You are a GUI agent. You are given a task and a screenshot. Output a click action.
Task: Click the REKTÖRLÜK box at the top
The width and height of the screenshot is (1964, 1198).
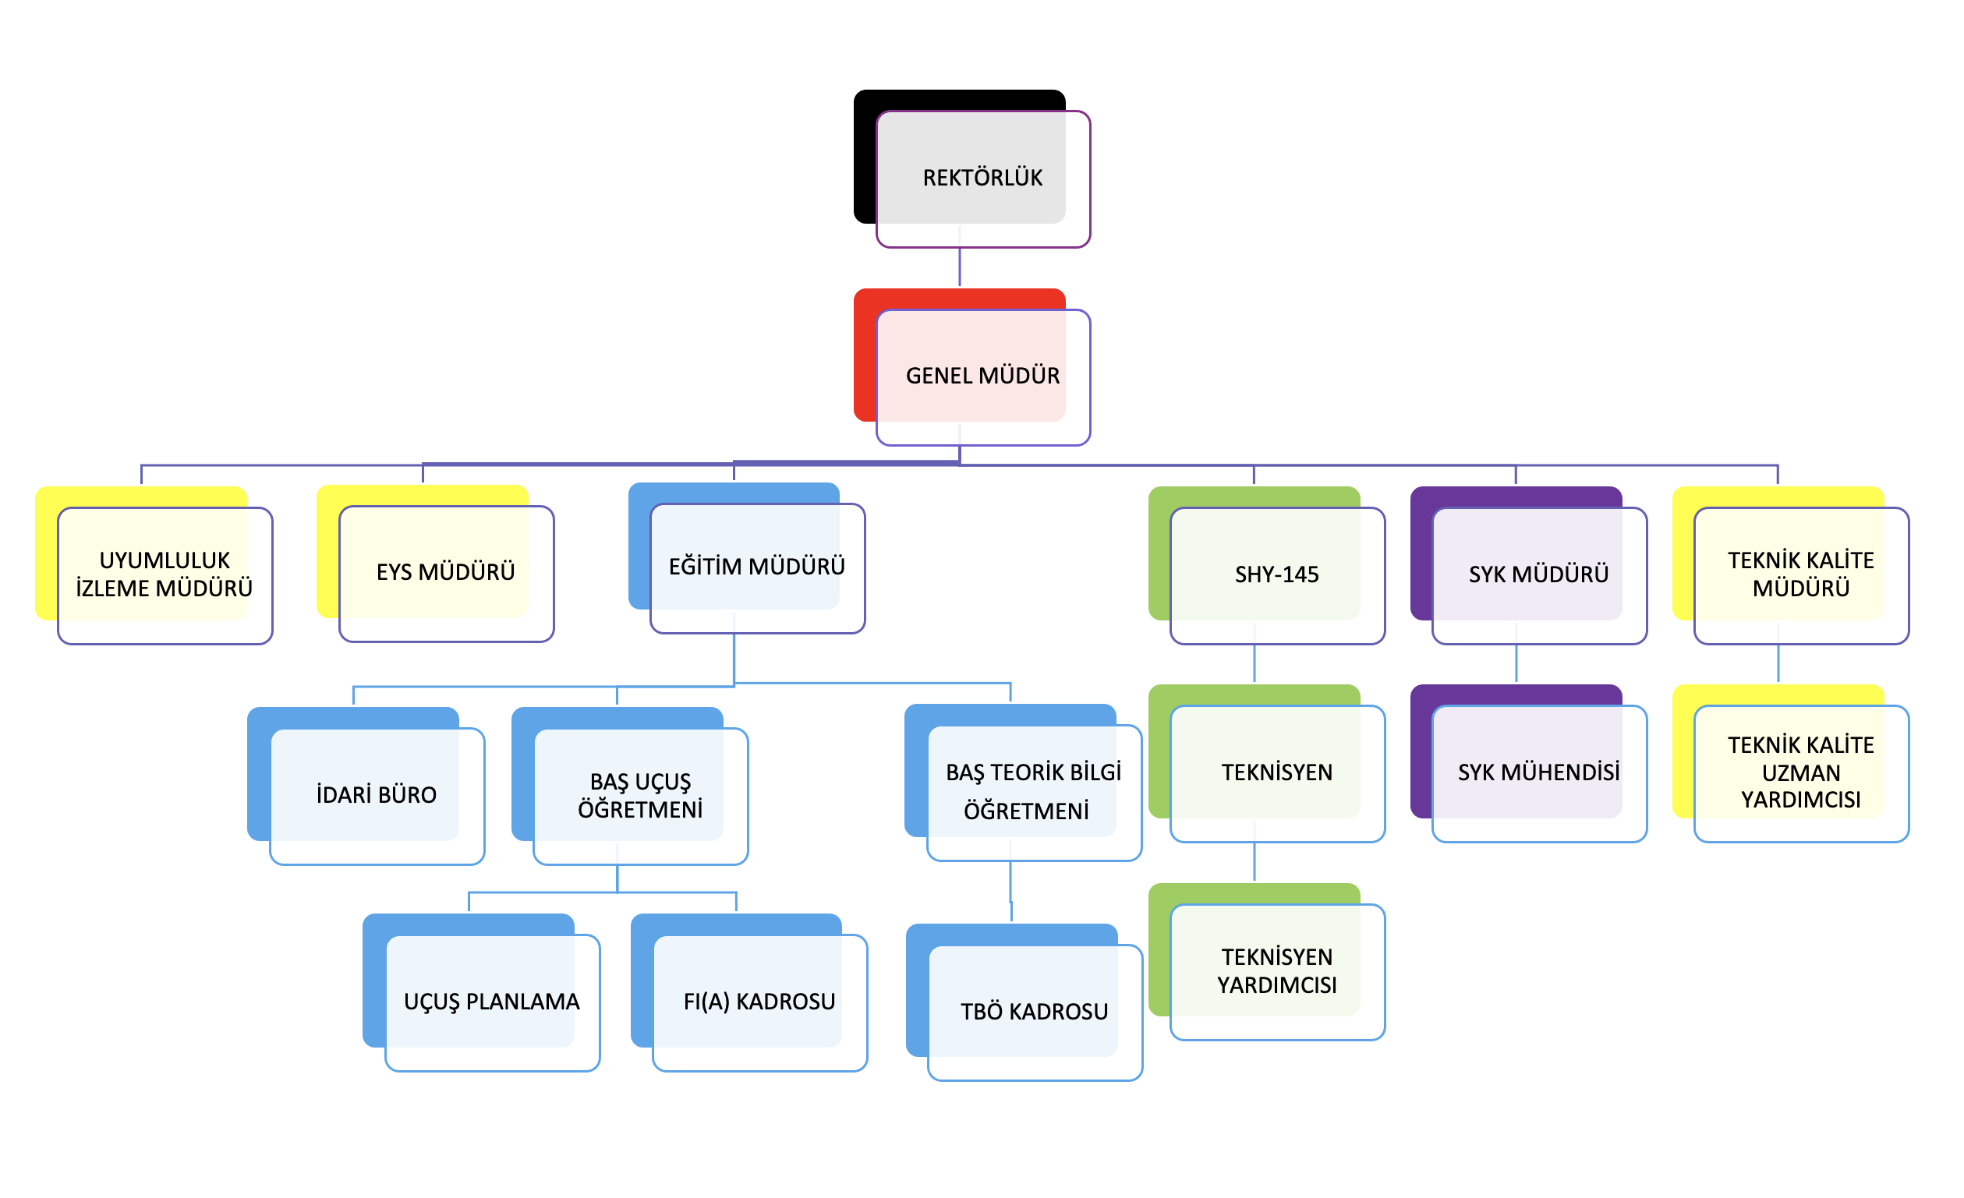982,178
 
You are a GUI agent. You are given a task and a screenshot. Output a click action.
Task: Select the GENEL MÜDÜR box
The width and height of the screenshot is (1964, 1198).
982,376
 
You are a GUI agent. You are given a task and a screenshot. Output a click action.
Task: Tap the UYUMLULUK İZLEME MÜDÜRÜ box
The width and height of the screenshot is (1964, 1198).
165,574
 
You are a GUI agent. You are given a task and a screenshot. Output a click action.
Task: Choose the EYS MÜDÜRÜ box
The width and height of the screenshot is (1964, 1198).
445,571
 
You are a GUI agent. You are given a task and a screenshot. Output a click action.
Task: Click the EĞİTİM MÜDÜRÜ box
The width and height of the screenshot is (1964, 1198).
756,567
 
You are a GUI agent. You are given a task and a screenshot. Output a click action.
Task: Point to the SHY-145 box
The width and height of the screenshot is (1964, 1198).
1276,574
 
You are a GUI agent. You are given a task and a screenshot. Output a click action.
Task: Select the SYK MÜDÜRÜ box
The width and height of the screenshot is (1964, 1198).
1538,574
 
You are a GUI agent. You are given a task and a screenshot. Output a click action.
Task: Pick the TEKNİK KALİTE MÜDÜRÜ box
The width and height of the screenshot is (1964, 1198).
1800,574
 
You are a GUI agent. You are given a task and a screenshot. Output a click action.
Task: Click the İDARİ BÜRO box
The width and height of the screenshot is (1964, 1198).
377,795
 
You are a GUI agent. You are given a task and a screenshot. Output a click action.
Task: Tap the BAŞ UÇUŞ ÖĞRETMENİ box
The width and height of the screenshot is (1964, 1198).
640,795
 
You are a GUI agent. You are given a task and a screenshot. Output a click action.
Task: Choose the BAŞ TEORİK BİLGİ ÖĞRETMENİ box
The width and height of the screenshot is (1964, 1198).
1033,791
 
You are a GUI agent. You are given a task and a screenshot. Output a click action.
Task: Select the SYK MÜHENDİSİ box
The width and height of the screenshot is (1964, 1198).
1538,772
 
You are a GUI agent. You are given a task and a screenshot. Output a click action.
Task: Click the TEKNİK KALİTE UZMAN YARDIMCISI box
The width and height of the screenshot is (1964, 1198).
1800,772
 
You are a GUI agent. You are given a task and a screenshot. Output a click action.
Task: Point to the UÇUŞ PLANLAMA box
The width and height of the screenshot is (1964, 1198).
491,1001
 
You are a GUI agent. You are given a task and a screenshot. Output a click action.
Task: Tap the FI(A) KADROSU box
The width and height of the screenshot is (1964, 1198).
759,1001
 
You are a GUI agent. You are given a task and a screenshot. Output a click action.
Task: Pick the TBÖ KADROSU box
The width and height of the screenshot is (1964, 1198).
1034,1012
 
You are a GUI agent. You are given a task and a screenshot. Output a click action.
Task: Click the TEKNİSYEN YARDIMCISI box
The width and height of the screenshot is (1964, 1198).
1276,971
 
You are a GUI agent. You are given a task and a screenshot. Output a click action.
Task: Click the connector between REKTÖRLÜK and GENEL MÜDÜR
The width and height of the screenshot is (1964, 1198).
959,267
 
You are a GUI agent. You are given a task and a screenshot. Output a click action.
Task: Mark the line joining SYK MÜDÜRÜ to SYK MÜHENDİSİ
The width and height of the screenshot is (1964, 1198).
1515,663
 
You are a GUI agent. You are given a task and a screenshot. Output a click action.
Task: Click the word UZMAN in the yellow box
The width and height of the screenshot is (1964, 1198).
1800,773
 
